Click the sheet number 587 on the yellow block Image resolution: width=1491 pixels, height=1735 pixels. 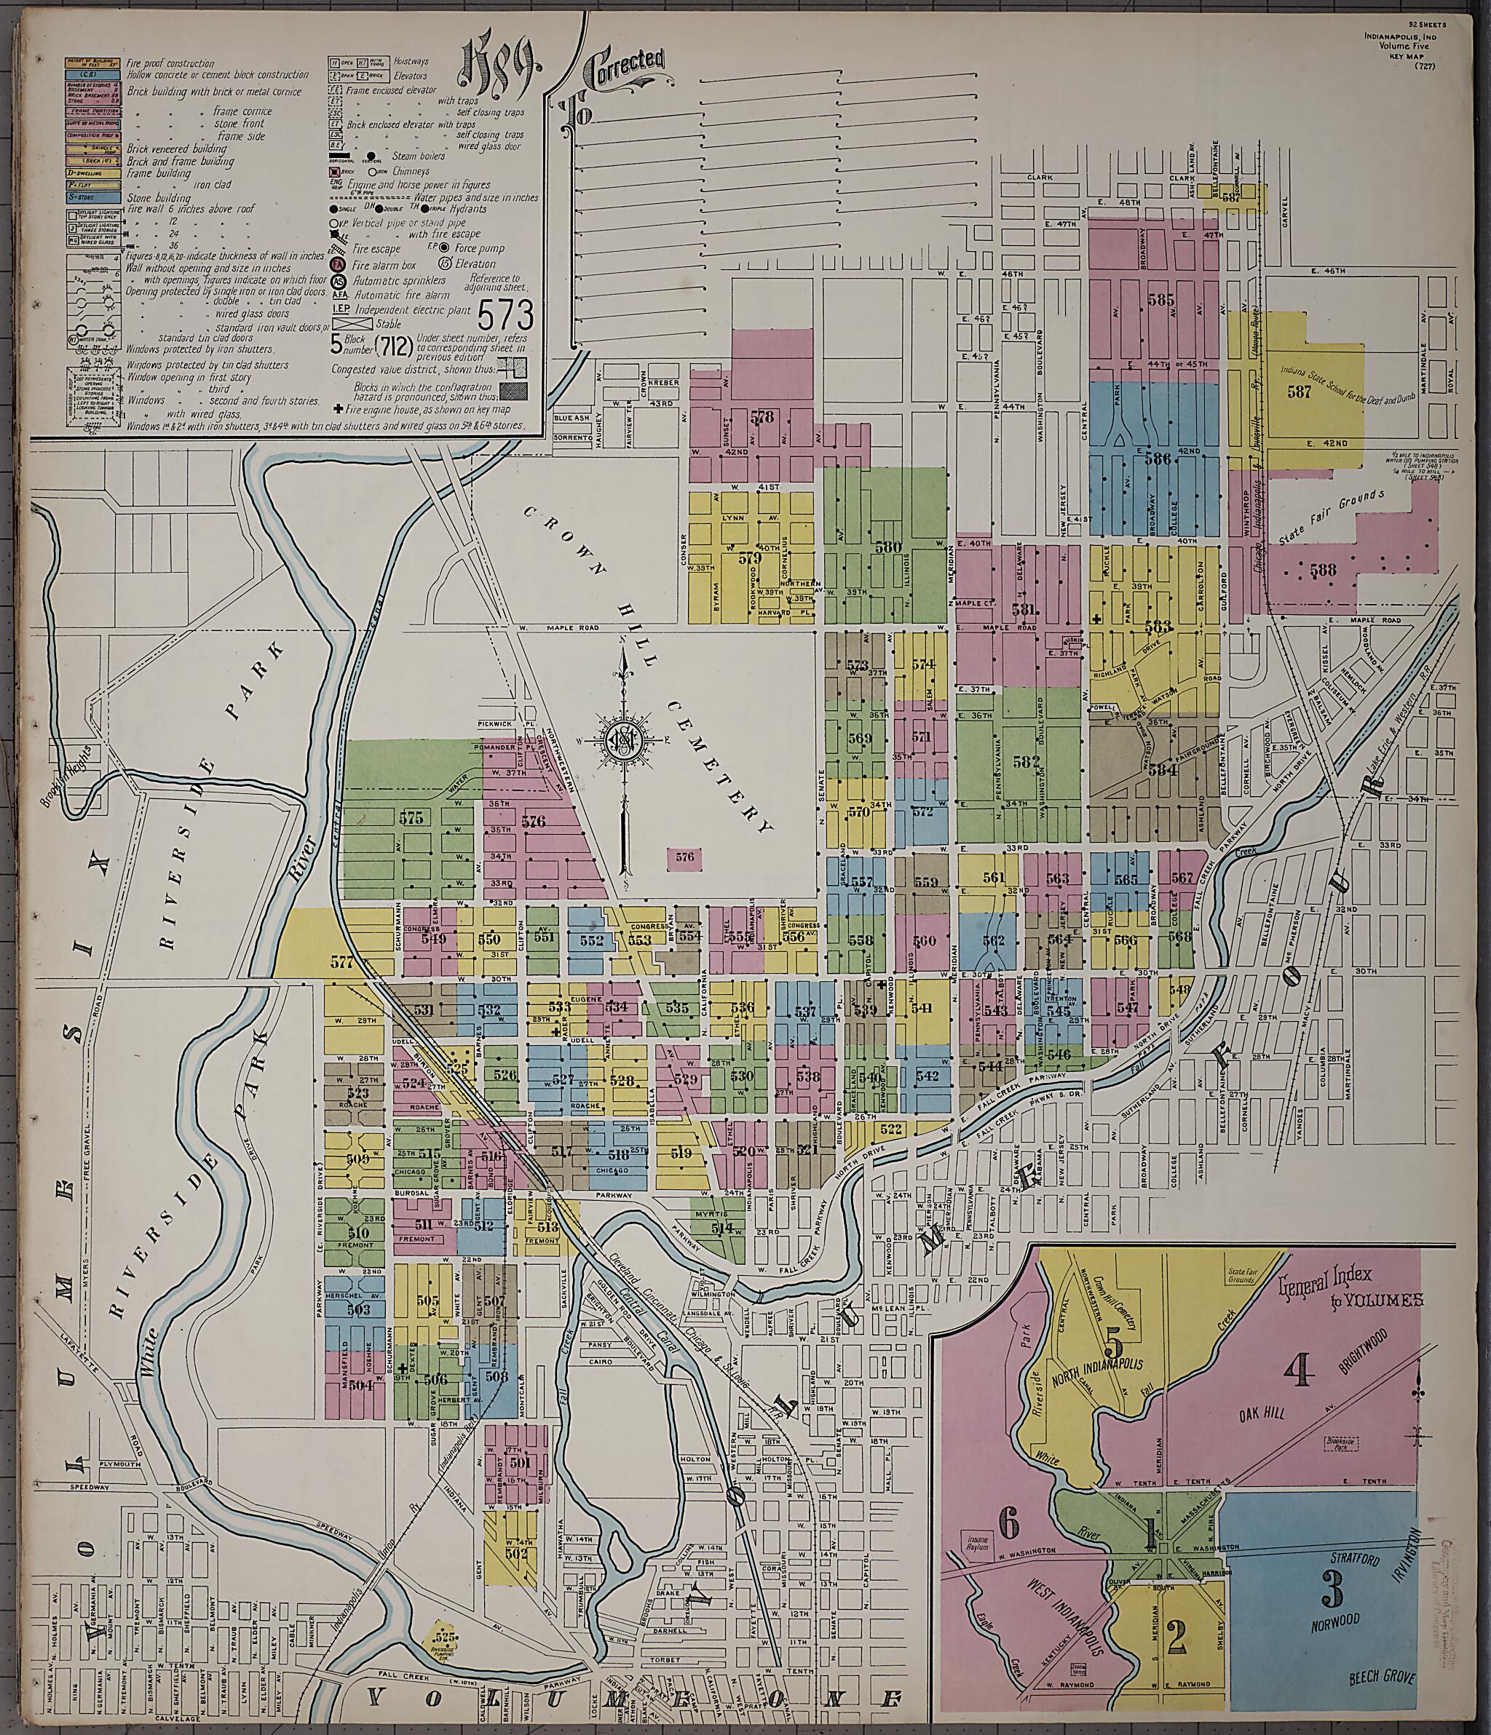(x=1300, y=391)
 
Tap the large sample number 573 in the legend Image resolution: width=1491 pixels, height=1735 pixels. (x=505, y=315)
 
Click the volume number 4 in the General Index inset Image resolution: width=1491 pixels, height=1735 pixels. (x=1300, y=1372)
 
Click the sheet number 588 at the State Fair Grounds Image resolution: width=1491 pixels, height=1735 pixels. (x=1324, y=571)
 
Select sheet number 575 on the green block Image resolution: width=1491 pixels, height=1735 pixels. (x=411, y=818)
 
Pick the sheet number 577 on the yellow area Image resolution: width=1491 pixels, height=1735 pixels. (x=341, y=962)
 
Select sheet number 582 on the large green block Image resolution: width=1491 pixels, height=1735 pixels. (x=1025, y=762)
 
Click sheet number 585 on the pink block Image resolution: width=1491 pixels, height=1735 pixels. (x=1161, y=298)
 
